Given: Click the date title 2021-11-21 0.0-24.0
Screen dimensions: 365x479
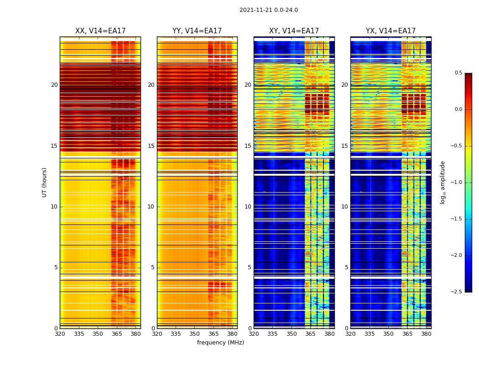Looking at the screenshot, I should [x=268, y=10].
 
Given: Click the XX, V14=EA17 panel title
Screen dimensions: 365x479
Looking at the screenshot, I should [x=100, y=31].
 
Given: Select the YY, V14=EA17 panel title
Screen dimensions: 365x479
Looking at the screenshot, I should [x=197, y=31].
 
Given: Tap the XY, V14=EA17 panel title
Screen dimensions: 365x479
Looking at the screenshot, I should [x=294, y=31].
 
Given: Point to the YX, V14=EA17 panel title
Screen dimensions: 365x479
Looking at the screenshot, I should [x=390, y=31].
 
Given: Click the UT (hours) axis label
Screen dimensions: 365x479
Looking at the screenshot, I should [x=44, y=182].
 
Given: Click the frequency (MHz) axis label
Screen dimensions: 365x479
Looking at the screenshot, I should [x=220, y=343].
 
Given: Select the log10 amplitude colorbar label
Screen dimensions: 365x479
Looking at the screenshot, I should [x=443, y=182].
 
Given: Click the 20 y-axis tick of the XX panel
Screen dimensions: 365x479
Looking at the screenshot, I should [x=54, y=85].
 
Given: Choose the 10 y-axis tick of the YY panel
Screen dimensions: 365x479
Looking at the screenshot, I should [x=151, y=207].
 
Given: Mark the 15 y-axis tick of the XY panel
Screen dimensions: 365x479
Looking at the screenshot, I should [x=248, y=146].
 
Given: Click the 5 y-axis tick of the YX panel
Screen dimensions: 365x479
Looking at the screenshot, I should [x=346, y=267].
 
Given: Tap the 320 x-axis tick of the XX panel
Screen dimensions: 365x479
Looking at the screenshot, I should [x=60, y=334].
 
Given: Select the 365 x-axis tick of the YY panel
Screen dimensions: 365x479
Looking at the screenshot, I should [x=213, y=334].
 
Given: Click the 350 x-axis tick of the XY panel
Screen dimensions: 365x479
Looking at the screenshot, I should [x=292, y=334].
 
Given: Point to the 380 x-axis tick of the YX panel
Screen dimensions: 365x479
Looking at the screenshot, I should [x=426, y=334].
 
